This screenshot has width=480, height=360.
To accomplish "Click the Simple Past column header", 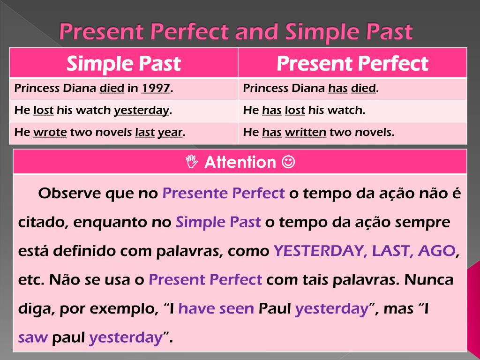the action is click(x=124, y=63).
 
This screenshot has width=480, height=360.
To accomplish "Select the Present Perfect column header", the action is click(x=352, y=63).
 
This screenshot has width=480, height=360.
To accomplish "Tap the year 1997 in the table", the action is click(x=156, y=88).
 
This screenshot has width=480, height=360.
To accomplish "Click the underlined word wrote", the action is click(x=50, y=132).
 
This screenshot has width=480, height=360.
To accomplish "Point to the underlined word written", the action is click(x=306, y=132).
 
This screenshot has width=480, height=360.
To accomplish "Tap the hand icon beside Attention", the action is click(x=192, y=161).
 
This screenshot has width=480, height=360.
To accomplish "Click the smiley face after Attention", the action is click(x=288, y=161).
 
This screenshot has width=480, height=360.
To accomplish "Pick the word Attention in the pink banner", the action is click(x=240, y=162).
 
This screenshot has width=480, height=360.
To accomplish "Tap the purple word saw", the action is click(x=33, y=338).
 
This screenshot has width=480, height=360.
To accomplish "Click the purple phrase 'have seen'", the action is click(x=216, y=308).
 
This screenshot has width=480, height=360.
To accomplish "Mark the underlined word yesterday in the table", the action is click(x=142, y=111).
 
